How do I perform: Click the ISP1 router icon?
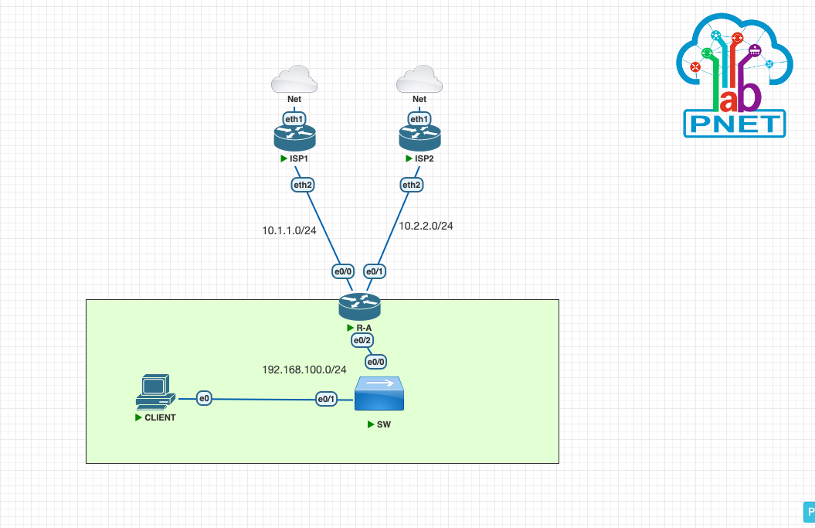pyautogui.click(x=294, y=138)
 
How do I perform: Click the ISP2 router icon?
pyautogui.click(x=419, y=138)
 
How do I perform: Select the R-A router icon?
pyautogui.click(x=359, y=307)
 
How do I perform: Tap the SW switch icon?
pyautogui.click(x=379, y=394)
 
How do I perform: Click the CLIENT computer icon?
pyautogui.click(x=153, y=391)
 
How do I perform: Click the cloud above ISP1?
pyautogui.click(x=294, y=80)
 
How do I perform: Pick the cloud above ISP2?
pyautogui.click(x=419, y=80)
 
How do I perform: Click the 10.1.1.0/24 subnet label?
pyautogui.click(x=289, y=230)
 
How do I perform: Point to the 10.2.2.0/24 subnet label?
pyautogui.click(x=426, y=226)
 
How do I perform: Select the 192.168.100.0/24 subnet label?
pyautogui.click(x=304, y=370)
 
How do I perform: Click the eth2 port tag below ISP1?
pyautogui.click(x=302, y=185)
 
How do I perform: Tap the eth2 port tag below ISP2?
pyautogui.click(x=411, y=185)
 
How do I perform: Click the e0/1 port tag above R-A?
pyautogui.click(x=375, y=271)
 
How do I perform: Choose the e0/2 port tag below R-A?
pyautogui.click(x=362, y=341)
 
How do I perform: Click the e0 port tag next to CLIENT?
pyautogui.click(x=204, y=398)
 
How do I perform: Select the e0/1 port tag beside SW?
pyautogui.click(x=326, y=399)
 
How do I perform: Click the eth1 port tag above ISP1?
pyautogui.click(x=294, y=119)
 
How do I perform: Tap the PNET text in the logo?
pyautogui.click(x=735, y=124)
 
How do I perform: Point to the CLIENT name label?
pyautogui.click(x=160, y=417)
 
